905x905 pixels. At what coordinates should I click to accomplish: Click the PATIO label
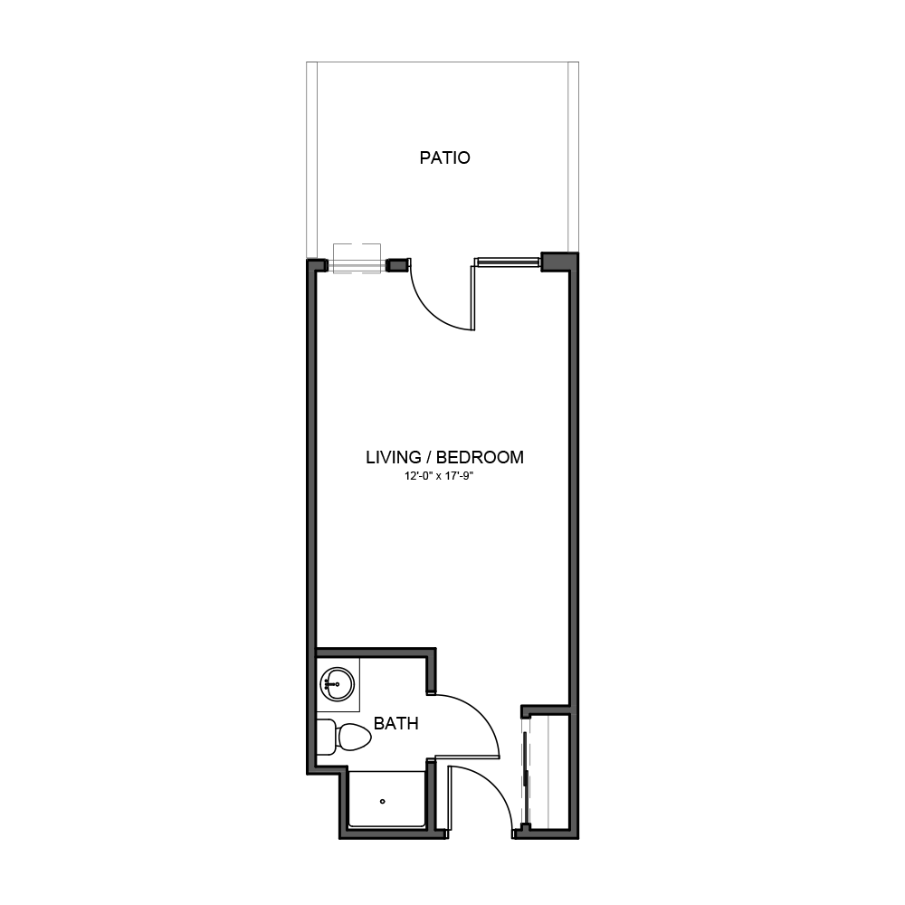tap(444, 157)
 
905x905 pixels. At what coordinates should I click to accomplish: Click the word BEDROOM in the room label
tap(480, 457)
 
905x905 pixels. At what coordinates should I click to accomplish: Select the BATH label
tap(396, 723)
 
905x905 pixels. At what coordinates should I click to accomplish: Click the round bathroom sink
tap(337, 684)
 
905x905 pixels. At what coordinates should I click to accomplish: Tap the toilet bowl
tap(353, 737)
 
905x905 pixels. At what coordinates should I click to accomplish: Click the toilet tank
tap(326, 737)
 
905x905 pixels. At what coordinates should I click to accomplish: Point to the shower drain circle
tap(382, 802)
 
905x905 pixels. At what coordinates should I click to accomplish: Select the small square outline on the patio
tap(357, 259)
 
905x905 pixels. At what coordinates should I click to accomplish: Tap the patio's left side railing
tap(311, 159)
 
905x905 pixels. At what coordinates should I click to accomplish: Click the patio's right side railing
tap(573, 157)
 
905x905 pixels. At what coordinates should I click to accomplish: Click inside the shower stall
tap(386, 799)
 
